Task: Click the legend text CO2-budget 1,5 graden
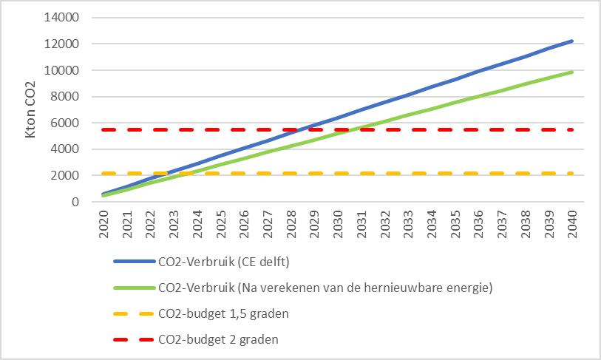click(x=223, y=313)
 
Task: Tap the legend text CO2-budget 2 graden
click(x=219, y=339)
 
